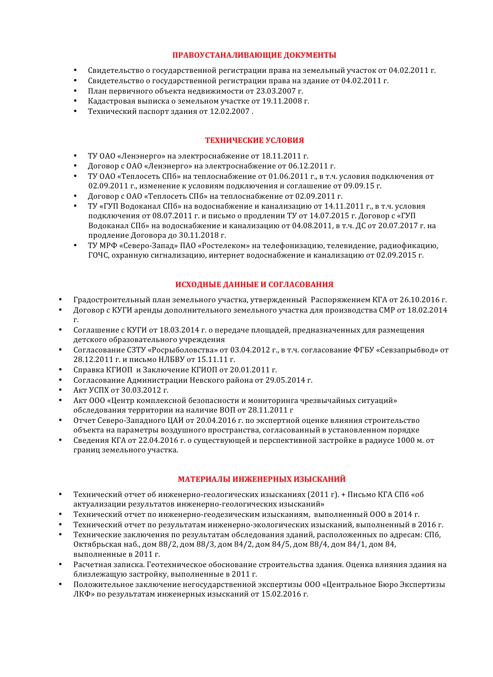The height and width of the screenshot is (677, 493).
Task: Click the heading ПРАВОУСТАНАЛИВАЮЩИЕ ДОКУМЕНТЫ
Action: [x=254, y=55]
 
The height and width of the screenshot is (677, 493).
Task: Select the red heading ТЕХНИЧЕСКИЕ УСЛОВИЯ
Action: [x=254, y=140]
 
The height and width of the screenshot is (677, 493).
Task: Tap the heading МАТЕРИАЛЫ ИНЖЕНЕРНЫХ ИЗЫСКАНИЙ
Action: [x=262, y=479]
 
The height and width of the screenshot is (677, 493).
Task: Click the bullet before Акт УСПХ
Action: [x=60, y=390]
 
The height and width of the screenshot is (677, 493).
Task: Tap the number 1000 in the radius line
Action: [x=406, y=440]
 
